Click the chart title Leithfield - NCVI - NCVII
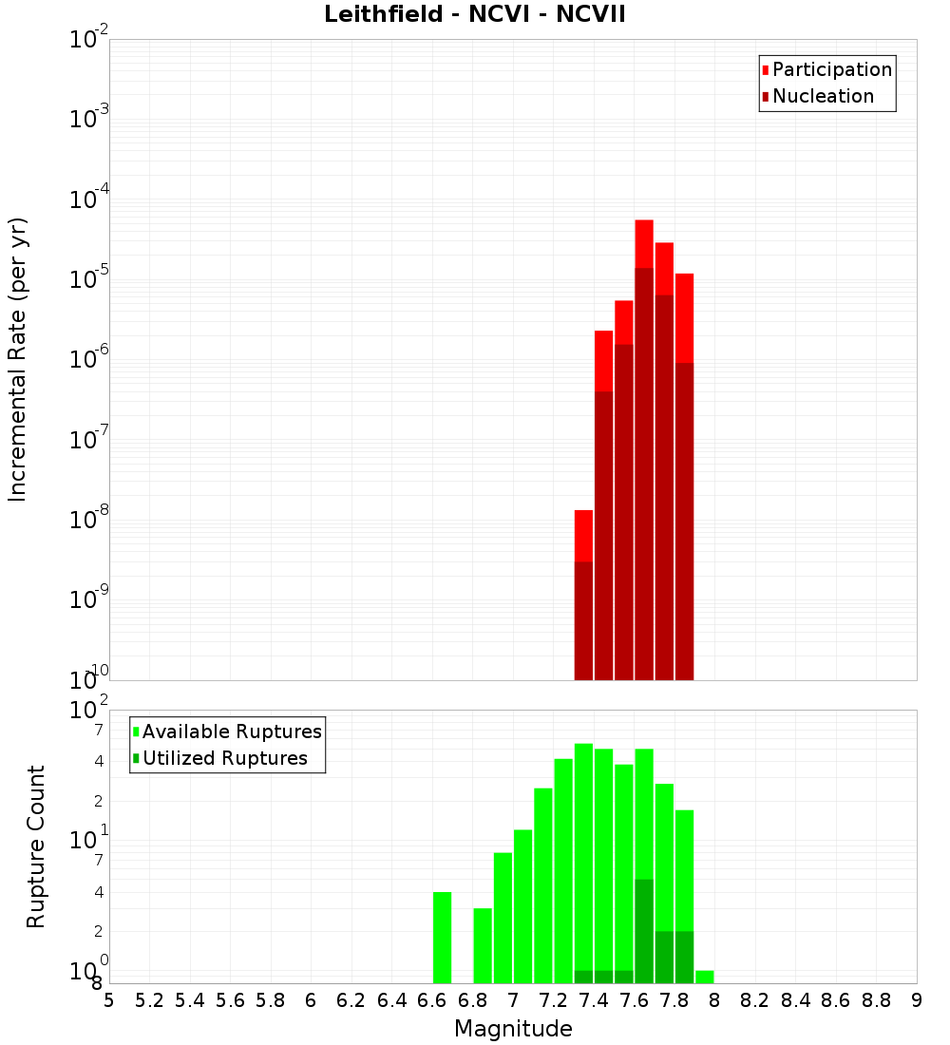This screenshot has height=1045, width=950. (474, 15)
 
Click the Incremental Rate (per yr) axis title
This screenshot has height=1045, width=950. (18, 359)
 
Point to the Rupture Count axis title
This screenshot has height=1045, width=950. (36, 846)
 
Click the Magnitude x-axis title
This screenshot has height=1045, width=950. (513, 1029)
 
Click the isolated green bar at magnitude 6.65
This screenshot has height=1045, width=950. (442, 938)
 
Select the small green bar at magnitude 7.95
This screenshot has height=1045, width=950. (704, 977)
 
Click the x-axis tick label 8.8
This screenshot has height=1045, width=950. (876, 1000)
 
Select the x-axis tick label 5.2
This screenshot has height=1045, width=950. (150, 1000)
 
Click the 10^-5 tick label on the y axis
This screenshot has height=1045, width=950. (89, 280)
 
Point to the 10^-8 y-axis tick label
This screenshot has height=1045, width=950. (89, 521)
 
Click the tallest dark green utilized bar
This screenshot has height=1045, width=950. (644, 931)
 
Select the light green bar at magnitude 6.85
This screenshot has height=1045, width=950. (483, 945)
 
